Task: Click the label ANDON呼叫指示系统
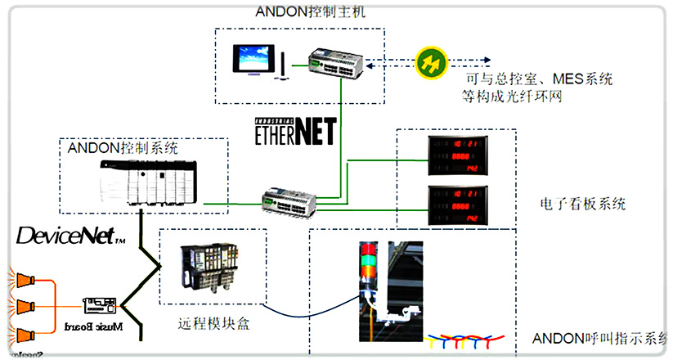click(601, 338)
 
